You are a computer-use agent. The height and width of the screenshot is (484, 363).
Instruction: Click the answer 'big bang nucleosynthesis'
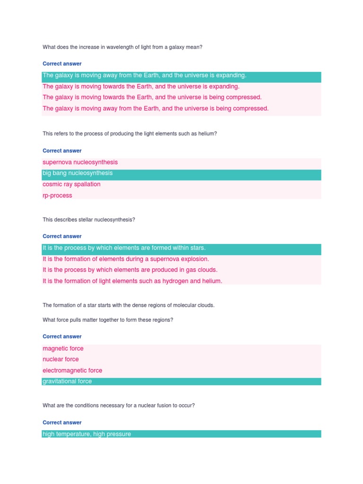78,173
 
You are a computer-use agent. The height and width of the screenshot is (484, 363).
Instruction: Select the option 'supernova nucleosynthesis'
80,162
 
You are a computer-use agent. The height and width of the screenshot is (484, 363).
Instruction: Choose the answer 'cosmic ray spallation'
71,184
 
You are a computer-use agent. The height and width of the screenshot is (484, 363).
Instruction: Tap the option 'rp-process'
57,196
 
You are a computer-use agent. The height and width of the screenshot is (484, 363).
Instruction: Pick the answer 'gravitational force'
67,381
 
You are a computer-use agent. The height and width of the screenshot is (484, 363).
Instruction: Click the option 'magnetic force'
63,348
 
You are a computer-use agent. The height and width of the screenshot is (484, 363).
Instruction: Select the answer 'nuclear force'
60,359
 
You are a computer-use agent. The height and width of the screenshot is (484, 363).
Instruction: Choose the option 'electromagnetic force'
72,371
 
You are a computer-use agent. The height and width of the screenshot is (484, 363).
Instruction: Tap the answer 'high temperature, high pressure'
86,434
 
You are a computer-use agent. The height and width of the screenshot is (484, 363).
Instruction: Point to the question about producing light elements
130,134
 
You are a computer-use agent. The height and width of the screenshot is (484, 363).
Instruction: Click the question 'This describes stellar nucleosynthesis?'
89,220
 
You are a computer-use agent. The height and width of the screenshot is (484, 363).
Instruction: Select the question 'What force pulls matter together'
108,320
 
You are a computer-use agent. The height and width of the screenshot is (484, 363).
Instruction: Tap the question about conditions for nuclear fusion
119,406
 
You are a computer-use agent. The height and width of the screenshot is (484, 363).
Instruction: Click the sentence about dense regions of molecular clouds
129,305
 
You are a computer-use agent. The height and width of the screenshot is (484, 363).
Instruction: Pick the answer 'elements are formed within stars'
124,248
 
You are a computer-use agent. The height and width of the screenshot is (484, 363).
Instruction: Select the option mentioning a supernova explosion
126,259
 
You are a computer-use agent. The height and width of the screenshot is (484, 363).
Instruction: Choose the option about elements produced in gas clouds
130,270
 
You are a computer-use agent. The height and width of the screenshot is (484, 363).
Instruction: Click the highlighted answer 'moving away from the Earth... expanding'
144,75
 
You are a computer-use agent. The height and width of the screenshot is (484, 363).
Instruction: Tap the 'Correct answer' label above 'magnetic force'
62,337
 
